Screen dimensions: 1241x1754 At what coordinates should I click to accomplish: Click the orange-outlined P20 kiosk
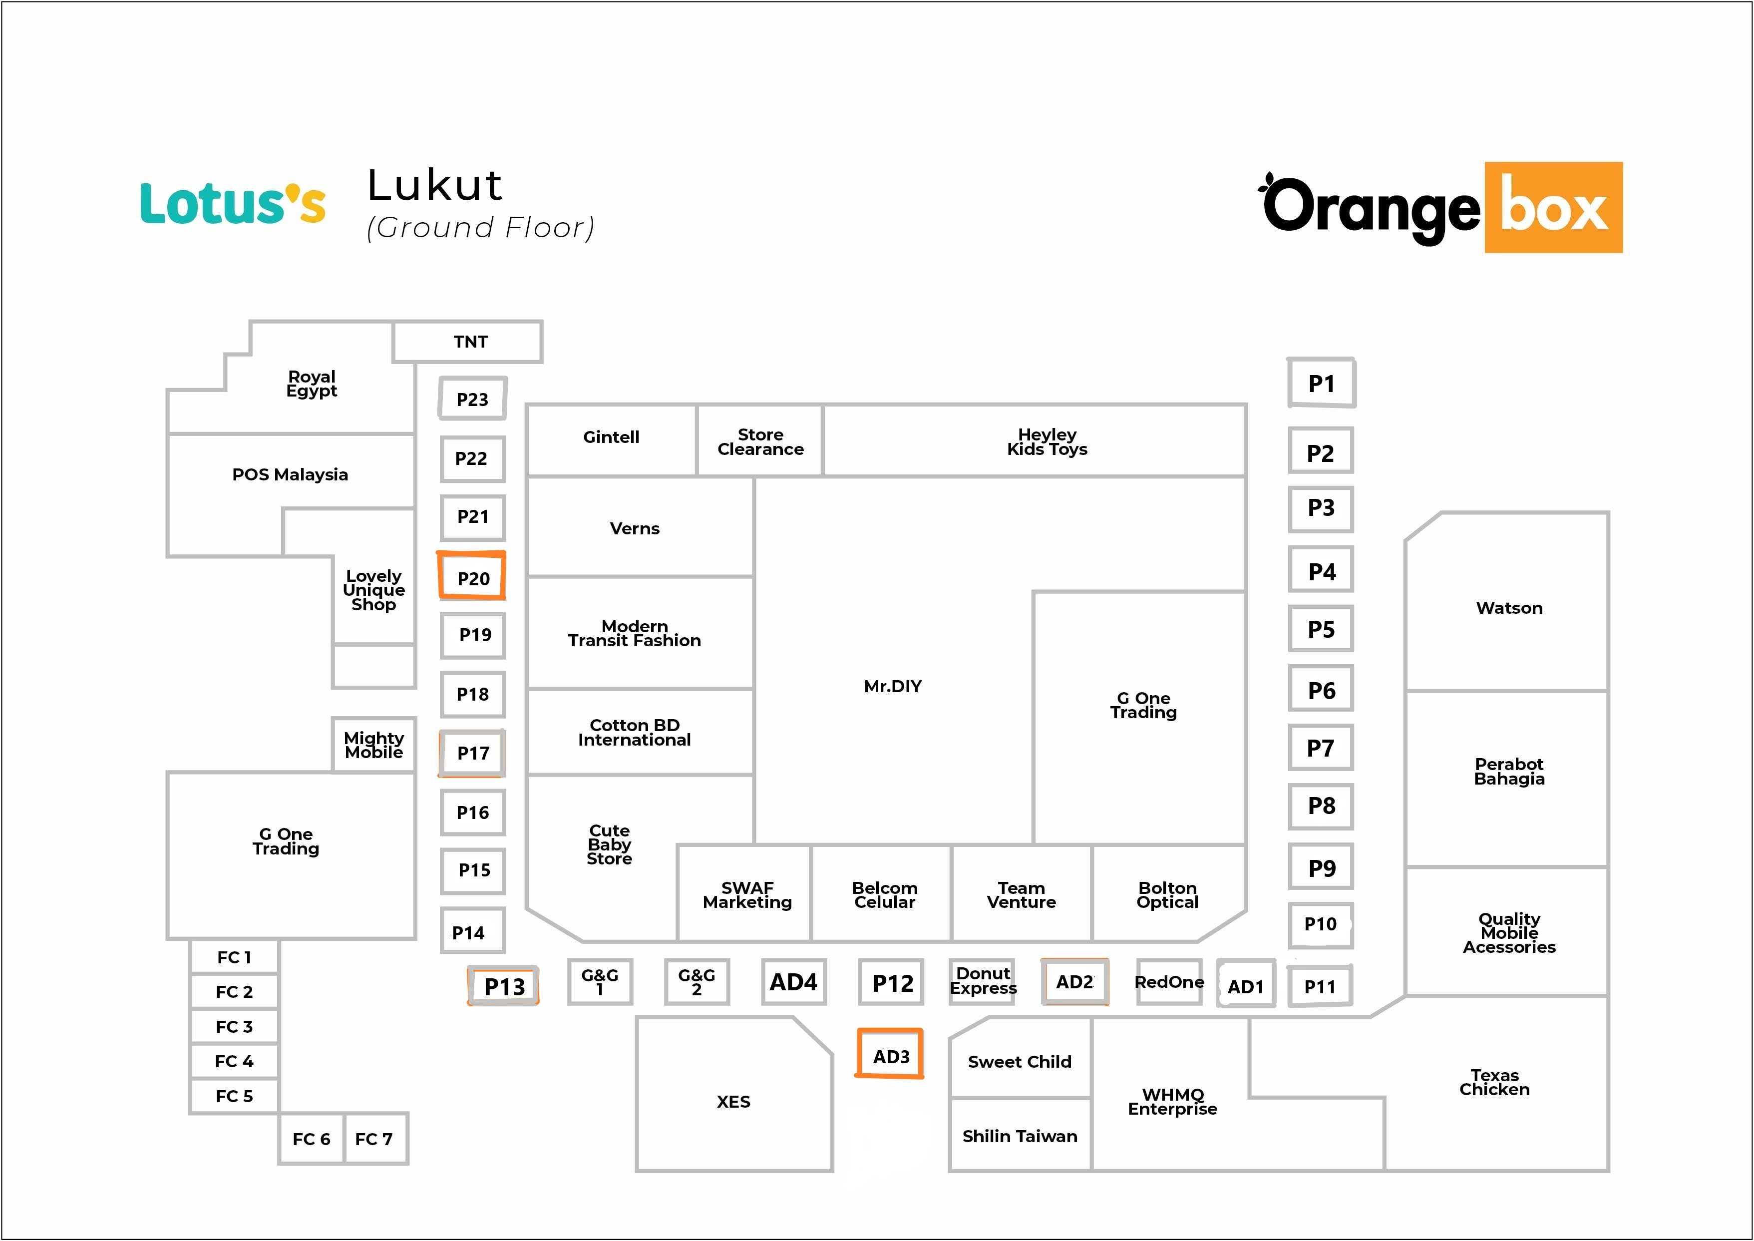click(472, 576)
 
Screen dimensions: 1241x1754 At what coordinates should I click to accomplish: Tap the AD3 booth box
click(890, 1055)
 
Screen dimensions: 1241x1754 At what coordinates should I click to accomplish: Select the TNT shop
click(468, 342)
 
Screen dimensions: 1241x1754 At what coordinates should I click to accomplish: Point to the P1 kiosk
click(1321, 383)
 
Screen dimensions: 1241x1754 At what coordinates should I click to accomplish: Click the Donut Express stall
click(983, 981)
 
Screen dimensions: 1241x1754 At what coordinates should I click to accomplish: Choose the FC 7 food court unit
click(375, 1139)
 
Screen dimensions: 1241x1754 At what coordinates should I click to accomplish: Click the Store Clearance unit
click(760, 441)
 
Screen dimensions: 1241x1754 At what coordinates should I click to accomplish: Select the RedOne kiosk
click(1169, 982)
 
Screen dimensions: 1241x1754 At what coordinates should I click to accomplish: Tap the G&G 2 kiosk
click(697, 981)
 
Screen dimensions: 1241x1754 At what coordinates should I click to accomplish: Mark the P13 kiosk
click(504, 986)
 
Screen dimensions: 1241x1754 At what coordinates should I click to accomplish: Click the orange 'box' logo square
click(1553, 207)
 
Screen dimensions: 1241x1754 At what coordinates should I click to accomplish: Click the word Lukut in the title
click(435, 186)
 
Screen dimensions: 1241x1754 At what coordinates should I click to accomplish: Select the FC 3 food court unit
click(234, 1026)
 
